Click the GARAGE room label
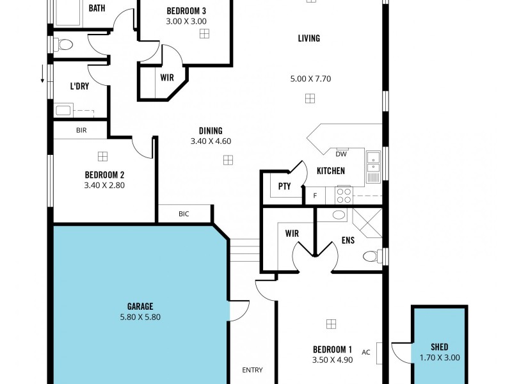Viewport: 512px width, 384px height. [x=140, y=307]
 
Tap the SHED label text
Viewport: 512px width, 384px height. [x=440, y=348]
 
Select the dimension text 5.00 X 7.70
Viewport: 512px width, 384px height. [x=310, y=79]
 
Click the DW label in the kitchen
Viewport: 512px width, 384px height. [x=341, y=154]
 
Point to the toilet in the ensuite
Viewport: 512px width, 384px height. [x=371, y=256]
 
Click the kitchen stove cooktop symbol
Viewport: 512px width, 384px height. [x=343, y=195]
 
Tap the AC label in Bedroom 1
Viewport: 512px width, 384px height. [x=366, y=352]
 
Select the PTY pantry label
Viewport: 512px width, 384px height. [x=284, y=187]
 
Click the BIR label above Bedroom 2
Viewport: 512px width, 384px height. [x=81, y=130]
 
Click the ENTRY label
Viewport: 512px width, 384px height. [x=252, y=370]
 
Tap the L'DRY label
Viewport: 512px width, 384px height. [x=79, y=86]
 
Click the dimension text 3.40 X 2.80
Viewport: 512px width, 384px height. [x=104, y=186]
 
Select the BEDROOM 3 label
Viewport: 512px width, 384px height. [x=186, y=11]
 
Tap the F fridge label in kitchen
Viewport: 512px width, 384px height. [x=315, y=195]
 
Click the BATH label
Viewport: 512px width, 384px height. [x=97, y=8]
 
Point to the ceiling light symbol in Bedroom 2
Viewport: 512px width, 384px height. [x=102, y=156]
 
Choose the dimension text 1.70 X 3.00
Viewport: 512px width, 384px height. [x=440, y=358]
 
